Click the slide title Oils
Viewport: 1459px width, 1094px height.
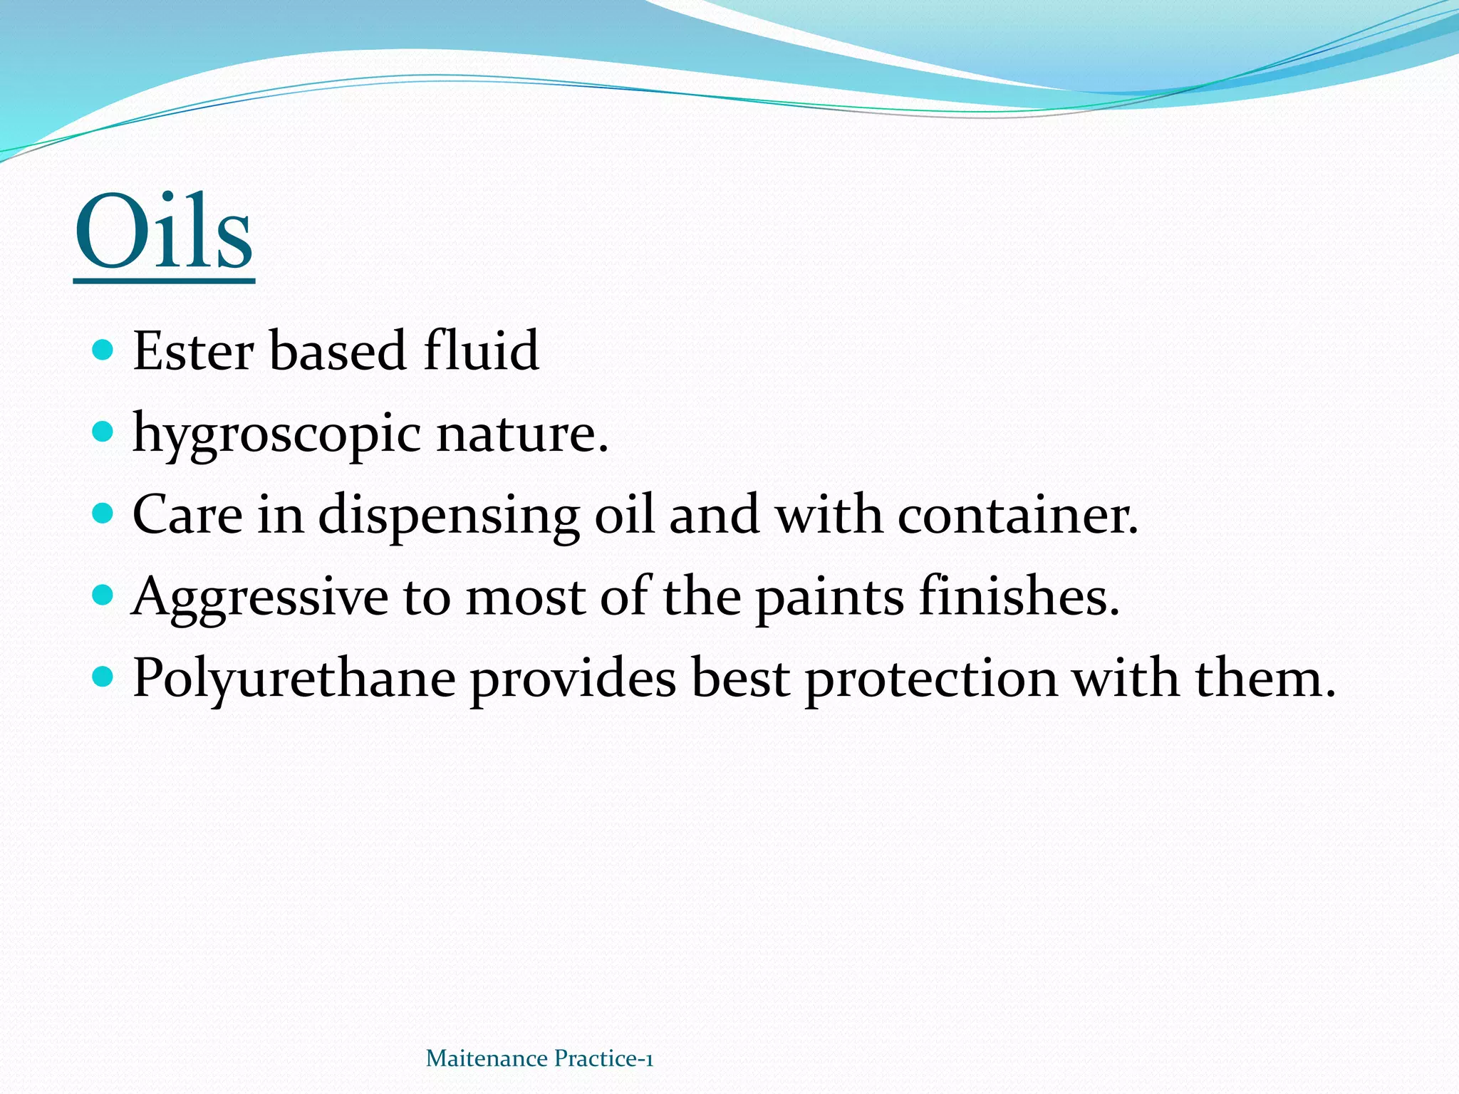pyautogui.click(x=164, y=232)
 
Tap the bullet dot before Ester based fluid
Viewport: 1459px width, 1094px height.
pyautogui.click(x=104, y=350)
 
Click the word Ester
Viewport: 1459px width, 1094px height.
pyautogui.click(x=193, y=351)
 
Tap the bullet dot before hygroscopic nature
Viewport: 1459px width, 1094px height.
pyautogui.click(x=104, y=431)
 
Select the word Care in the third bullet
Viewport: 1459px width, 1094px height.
pyautogui.click(x=187, y=514)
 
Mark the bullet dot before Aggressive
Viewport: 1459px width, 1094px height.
pyautogui.click(x=104, y=594)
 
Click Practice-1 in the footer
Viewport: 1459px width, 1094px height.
pyautogui.click(x=603, y=1059)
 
